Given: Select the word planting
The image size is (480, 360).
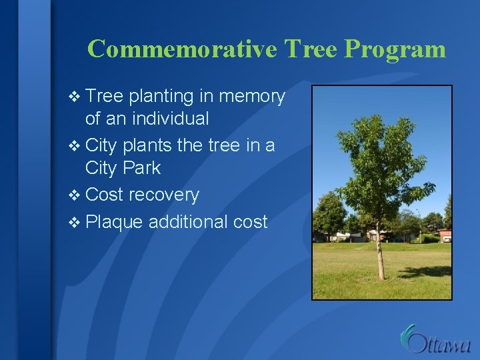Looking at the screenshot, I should click(162, 97).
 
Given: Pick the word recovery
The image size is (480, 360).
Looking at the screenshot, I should click(163, 195).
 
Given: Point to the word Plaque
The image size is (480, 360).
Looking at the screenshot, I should click(114, 222).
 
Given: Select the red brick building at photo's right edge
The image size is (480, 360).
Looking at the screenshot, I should click(445, 236).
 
